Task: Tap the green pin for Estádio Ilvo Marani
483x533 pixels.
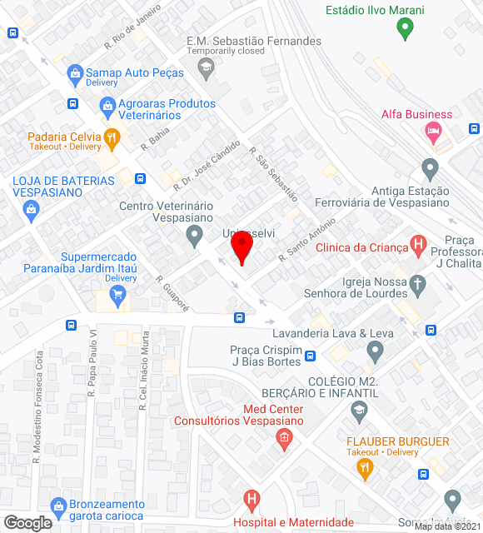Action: [405, 31]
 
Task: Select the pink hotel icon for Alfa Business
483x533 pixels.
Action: [432, 131]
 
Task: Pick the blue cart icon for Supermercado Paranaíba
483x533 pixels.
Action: [117, 293]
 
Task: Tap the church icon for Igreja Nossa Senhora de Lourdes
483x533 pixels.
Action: [418, 286]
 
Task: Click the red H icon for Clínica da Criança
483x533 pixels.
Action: [419, 246]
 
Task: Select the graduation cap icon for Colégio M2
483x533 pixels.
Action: [359, 409]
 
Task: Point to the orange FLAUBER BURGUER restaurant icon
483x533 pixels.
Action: [364, 469]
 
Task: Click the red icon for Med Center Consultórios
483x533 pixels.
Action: [283, 438]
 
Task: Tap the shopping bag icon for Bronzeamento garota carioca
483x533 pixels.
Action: [57, 506]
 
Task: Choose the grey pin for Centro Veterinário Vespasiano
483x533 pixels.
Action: [194, 237]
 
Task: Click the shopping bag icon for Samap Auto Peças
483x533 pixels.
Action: [76, 73]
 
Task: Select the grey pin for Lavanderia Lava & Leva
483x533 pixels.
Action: [375, 352]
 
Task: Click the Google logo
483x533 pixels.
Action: [27, 523]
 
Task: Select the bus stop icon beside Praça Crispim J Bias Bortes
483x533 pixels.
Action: [310, 356]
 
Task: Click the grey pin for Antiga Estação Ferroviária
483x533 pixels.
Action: [430, 169]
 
